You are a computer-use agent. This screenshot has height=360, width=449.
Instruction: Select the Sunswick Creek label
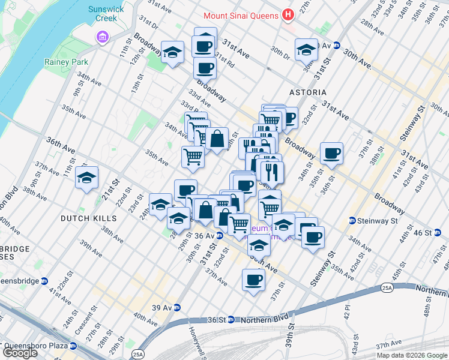(x=103, y=13)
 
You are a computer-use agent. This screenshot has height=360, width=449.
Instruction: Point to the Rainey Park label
(x=66, y=62)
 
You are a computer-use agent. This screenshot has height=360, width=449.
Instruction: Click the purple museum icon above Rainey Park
(x=102, y=38)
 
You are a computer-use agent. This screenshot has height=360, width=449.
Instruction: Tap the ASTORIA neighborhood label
(x=308, y=92)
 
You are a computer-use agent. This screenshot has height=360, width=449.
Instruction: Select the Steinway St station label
(x=377, y=221)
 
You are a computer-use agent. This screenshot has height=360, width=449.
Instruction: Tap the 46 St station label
(x=423, y=232)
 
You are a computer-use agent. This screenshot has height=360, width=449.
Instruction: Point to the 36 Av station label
(x=205, y=236)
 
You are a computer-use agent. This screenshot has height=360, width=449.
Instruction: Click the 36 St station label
(x=218, y=320)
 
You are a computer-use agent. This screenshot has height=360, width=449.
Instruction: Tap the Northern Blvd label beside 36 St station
(x=262, y=320)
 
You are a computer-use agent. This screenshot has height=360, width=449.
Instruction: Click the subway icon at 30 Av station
(x=337, y=46)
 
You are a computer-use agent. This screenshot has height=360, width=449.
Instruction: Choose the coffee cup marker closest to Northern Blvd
(x=253, y=280)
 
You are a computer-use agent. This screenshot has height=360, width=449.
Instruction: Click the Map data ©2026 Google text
(x=411, y=355)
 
